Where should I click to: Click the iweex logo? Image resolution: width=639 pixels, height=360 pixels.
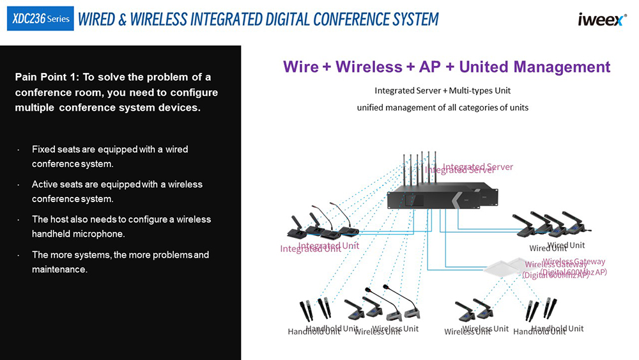click(603, 20)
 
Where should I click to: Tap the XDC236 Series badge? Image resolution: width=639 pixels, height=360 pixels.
click(40, 19)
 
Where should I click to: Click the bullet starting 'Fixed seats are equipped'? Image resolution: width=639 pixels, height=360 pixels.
click(110, 157)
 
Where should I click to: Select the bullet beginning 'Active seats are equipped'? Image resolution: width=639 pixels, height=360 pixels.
click(117, 191)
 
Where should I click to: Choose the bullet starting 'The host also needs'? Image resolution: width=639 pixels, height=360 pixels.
click(121, 226)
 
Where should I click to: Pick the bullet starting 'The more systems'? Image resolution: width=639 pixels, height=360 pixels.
click(120, 262)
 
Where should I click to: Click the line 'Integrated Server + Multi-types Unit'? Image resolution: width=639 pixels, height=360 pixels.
click(442, 91)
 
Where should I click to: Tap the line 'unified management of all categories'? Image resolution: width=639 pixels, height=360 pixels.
click(442, 107)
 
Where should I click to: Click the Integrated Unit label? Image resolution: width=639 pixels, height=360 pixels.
click(319, 247)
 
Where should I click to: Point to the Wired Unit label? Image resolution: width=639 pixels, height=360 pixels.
click(557, 246)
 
